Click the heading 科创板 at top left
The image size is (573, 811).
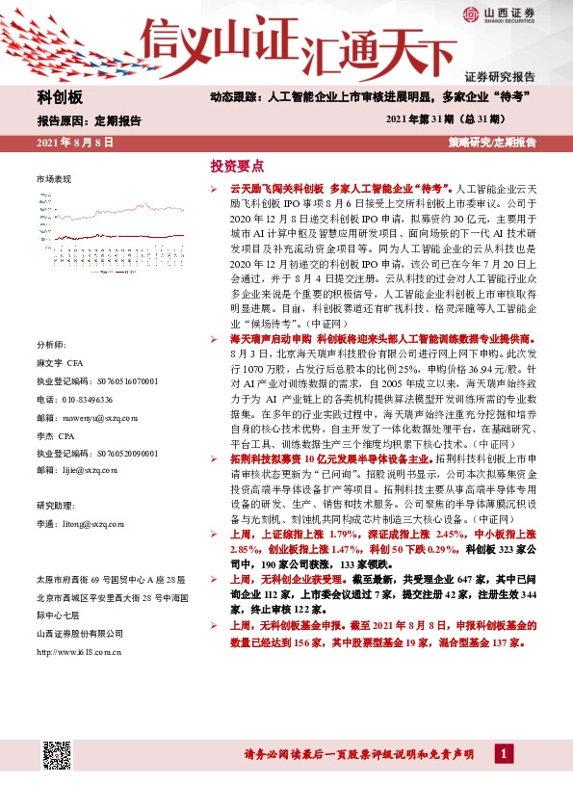[x=60, y=98]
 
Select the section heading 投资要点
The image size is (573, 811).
[x=237, y=165]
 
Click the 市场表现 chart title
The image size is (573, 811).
[x=54, y=180]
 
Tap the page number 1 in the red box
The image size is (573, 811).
[x=504, y=752]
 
